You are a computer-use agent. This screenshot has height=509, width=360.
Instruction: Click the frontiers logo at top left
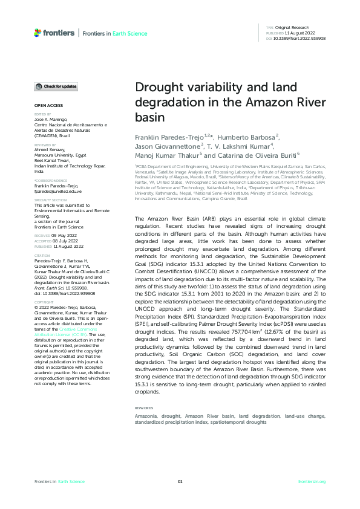coord(55,33)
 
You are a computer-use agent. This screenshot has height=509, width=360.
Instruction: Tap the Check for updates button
coord(56,86)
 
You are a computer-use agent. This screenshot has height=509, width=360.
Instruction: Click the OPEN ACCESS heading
coord(45,106)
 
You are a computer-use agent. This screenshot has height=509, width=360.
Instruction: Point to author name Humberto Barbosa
coord(246,137)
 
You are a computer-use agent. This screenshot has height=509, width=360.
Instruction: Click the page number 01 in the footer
coord(180,481)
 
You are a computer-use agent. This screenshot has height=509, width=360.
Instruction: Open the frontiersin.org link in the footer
coord(312,481)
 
